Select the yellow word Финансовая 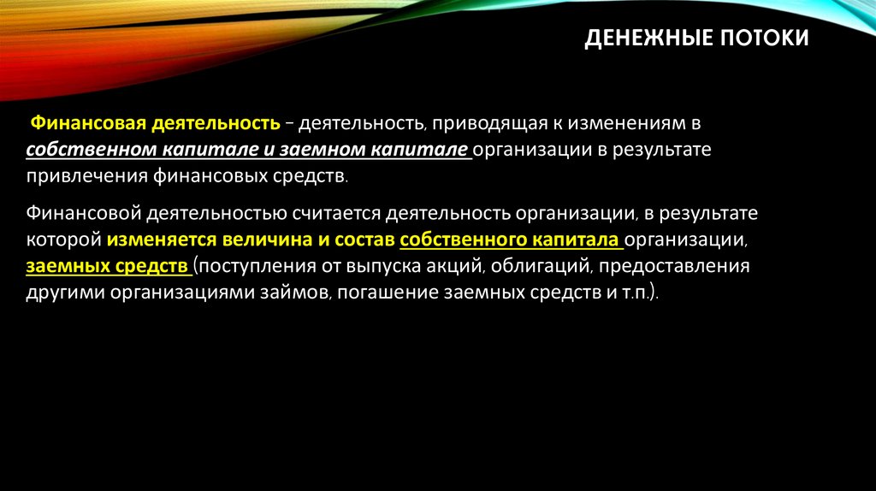pos(87,124)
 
